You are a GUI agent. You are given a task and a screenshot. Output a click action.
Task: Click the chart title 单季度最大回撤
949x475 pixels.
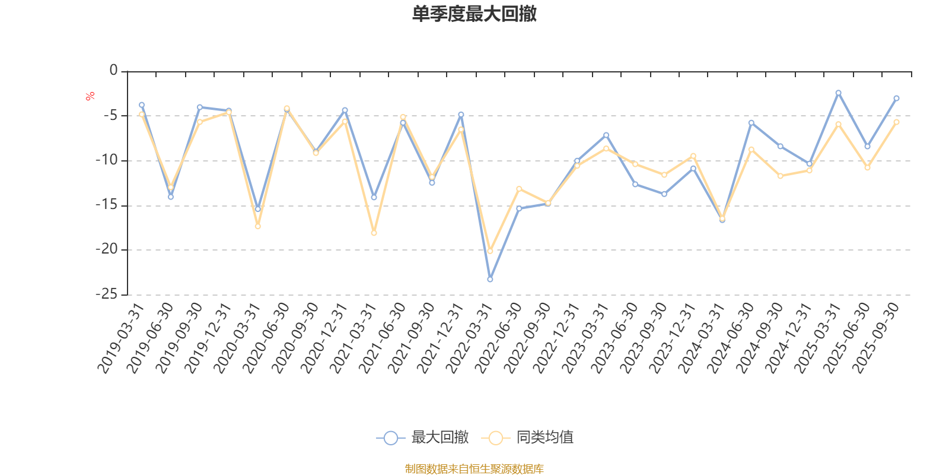pos(474,14)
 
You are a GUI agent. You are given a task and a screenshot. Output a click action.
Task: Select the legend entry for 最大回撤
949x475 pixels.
pos(422,438)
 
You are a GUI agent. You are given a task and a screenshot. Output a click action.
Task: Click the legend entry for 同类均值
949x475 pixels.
pos(528,438)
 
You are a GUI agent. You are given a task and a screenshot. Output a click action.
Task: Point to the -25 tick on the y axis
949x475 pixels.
pos(107,294)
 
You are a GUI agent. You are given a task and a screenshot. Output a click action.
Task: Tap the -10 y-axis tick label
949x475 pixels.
pos(107,160)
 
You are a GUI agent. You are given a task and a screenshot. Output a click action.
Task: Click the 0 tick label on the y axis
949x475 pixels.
pos(114,71)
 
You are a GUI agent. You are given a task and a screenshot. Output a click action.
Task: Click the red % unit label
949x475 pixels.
pos(90,96)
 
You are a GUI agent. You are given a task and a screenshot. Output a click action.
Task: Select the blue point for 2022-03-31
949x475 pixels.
pos(490,279)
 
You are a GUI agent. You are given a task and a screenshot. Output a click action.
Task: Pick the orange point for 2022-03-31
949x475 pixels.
pos(490,251)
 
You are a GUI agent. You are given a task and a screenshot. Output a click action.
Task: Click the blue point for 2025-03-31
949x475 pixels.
pos(838,93)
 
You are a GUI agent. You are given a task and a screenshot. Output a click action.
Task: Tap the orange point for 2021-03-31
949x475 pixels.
pos(374,233)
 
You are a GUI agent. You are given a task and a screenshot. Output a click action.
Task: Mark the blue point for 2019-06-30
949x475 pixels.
pos(171,197)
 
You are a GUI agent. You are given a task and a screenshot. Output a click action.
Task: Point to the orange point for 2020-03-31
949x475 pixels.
pos(257,226)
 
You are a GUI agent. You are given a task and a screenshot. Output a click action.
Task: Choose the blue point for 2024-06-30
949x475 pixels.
pos(751,122)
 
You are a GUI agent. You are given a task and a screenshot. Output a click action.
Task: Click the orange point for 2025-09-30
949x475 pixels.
pos(896,122)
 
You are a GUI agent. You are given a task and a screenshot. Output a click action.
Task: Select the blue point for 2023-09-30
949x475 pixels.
pos(664,194)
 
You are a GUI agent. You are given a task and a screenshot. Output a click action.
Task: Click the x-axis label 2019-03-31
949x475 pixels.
pos(121,338)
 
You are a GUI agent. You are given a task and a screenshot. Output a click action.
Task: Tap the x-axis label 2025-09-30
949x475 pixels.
pos(876,338)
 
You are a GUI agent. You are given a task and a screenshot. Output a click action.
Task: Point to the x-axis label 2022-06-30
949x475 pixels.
pos(499,338)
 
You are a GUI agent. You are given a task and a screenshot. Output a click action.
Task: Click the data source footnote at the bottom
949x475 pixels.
pos(474,469)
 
